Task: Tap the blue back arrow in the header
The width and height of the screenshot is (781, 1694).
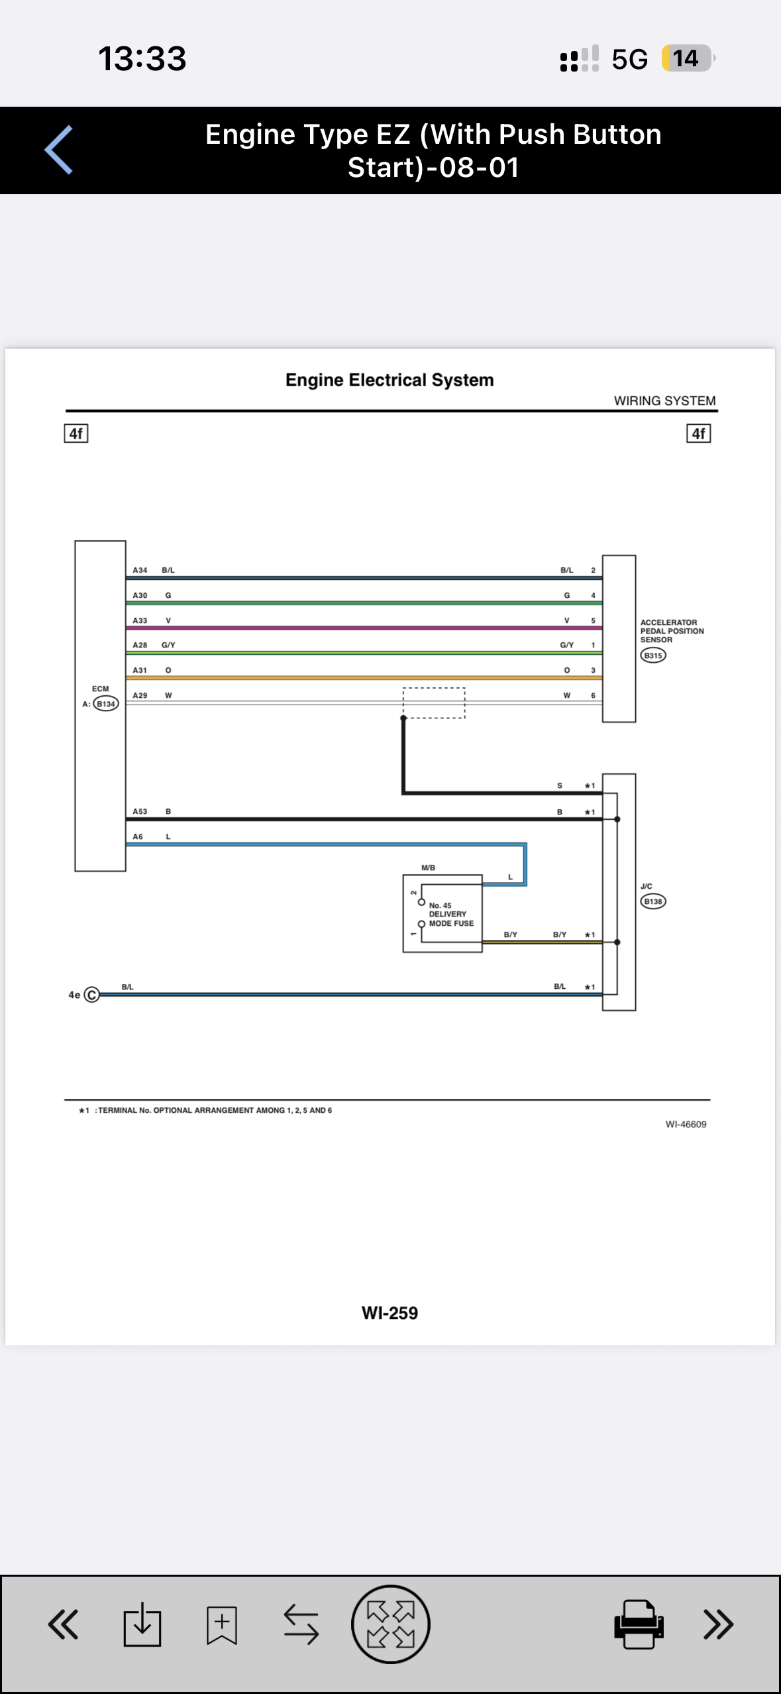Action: tap(58, 150)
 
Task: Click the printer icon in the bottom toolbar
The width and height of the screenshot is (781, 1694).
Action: tap(639, 1624)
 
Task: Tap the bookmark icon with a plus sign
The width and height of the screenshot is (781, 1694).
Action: tap(222, 1624)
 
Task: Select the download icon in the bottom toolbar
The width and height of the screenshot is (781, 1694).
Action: tap(142, 1624)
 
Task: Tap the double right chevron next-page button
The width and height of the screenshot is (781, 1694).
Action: tap(719, 1624)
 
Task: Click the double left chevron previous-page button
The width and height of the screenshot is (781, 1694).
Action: tap(63, 1624)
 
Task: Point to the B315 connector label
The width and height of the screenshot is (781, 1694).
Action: tap(653, 655)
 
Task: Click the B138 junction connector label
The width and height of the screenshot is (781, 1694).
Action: tap(653, 901)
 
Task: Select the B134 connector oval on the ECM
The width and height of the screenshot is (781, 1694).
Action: tap(106, 704)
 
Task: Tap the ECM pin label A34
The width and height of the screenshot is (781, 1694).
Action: tap(140, 570)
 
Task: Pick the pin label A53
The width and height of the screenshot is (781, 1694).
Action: tap(140, 811)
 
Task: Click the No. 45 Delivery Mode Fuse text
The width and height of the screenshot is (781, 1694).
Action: tap(451, 915)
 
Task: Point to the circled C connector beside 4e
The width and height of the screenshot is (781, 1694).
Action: tap(92, 995)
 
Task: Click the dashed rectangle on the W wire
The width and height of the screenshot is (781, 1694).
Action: tap(434, 689)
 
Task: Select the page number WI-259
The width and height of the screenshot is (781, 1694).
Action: tap(390, 1313)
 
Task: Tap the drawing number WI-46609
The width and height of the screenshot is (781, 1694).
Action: tap(686, 1124)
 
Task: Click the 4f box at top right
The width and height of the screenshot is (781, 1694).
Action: tap(698, 433)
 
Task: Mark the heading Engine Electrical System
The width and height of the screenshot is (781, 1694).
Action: tap(390, 380)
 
